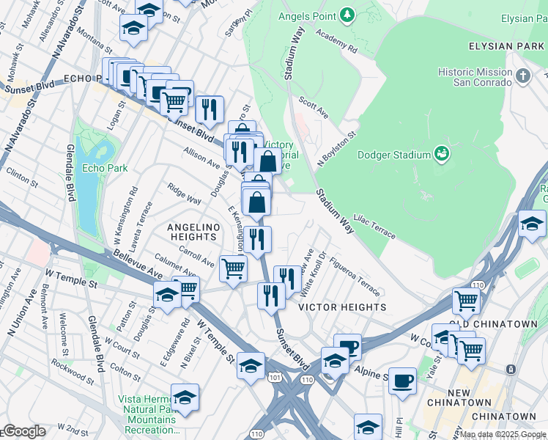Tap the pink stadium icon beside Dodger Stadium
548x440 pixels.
[441, 154]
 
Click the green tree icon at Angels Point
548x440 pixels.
[348, 15]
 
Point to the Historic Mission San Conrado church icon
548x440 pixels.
[522, 76]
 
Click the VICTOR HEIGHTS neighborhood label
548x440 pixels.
[342, 307]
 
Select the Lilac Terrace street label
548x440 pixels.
[374, 226]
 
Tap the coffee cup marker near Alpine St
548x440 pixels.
[402, 381]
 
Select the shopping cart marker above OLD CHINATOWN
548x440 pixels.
[466, 300]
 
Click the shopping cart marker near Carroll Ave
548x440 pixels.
[233, 268]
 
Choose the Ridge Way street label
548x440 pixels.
[184, 194]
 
